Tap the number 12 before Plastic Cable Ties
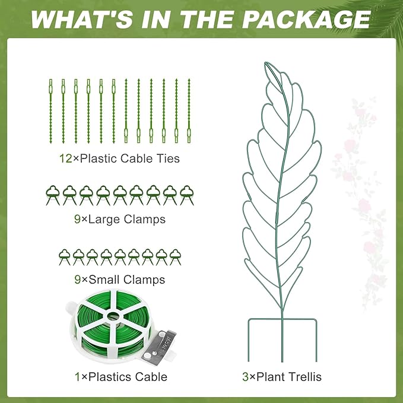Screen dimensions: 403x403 [x=65, y=158]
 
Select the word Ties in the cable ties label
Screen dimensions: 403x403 [x=167, y=158]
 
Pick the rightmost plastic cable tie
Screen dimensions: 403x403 [x=189, y=110]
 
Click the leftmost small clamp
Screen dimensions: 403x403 [x=65, y=256]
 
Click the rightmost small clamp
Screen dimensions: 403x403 [x=175, y=256]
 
